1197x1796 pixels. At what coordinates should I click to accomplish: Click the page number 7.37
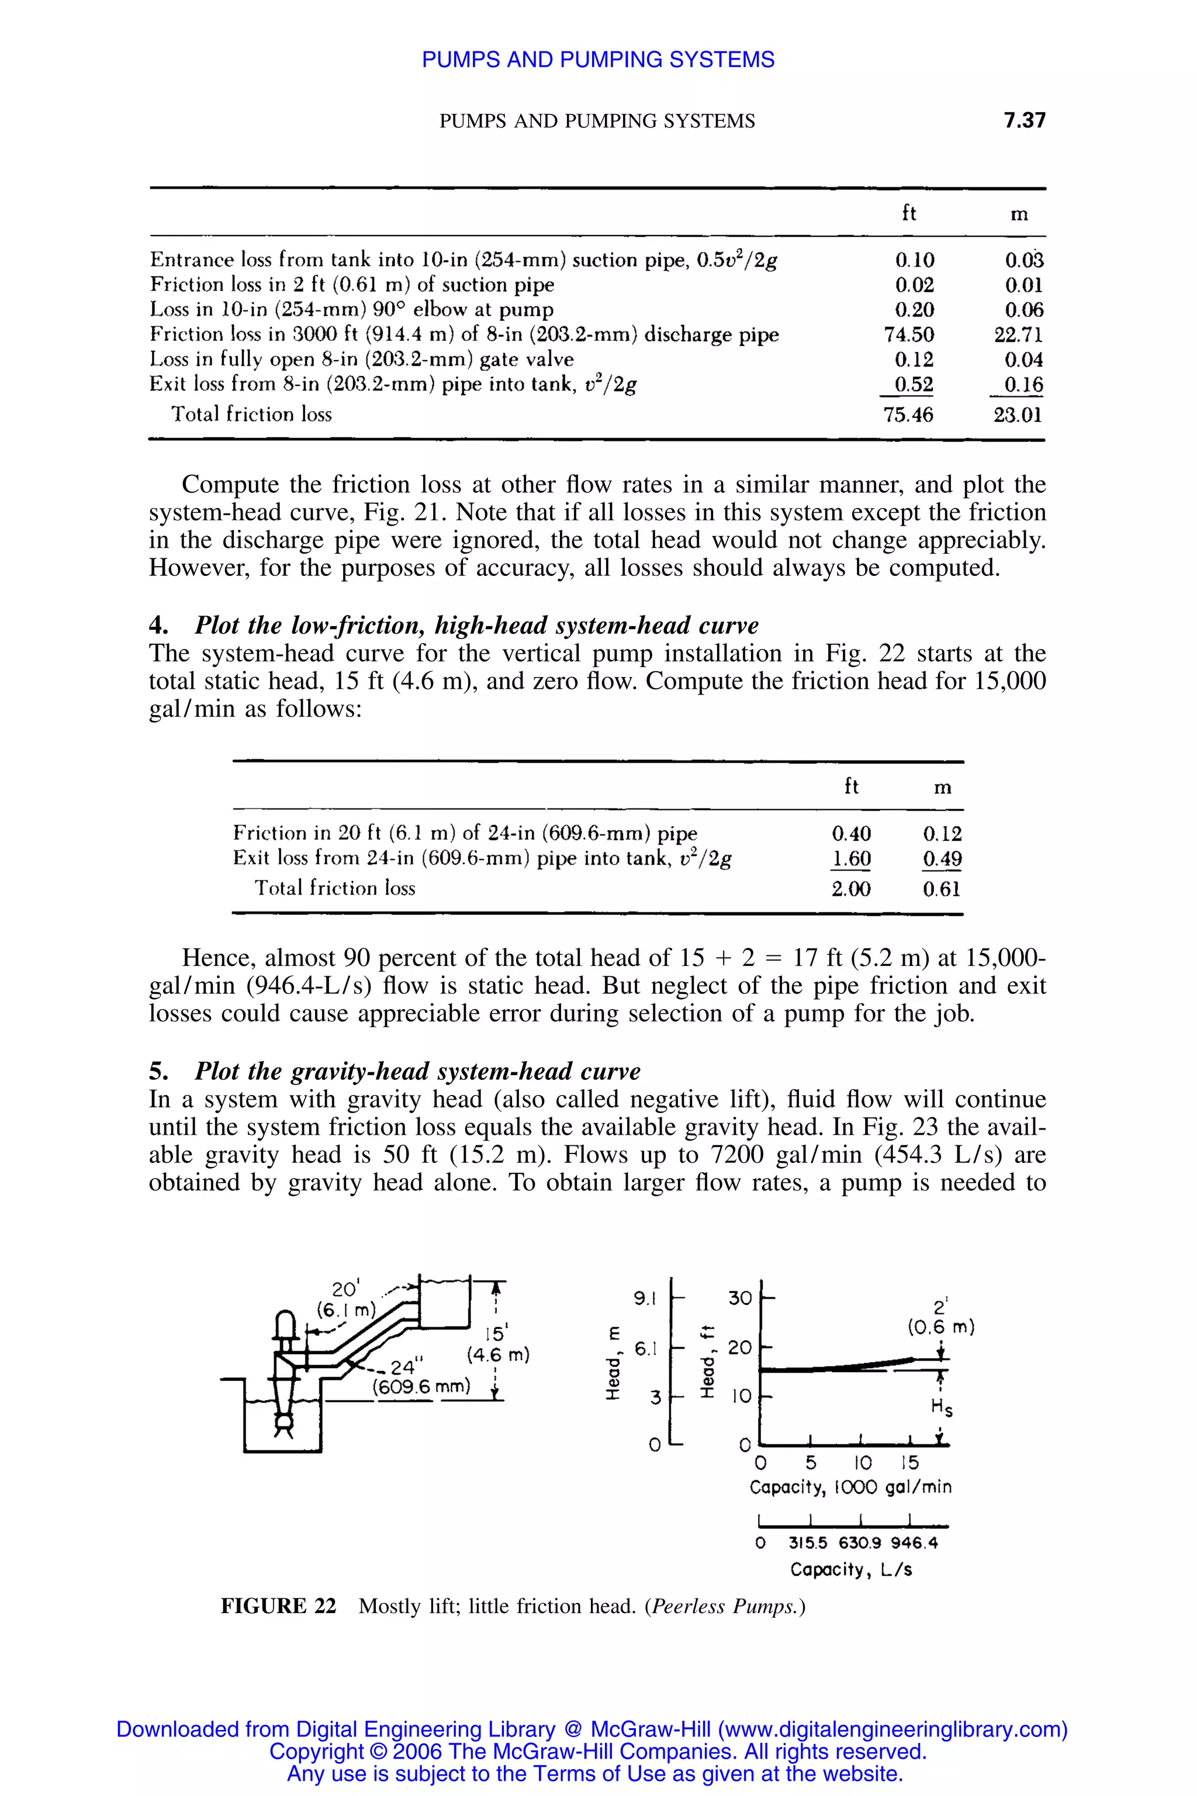coord(1024,120)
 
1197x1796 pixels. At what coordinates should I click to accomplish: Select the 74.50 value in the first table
coord(908,334)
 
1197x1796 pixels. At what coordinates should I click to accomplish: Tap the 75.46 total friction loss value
coord(908,415)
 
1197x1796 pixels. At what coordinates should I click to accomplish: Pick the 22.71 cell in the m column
coord(1018,334)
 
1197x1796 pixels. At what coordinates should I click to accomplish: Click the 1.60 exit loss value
coord(850,859)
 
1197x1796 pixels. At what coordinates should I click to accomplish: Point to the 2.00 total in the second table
coord(850,889)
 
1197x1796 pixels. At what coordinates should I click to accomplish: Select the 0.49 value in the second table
coord(941,859)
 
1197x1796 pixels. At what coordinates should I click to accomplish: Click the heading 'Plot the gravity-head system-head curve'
coord(417,1071)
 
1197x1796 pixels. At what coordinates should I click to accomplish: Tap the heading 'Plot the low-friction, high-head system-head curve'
coord(476,626)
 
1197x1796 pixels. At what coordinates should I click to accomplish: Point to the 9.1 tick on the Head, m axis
coord(645,1297)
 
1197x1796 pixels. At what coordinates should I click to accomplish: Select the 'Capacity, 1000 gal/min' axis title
coord(850,1487)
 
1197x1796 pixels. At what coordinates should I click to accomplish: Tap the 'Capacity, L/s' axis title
coord(850,1570)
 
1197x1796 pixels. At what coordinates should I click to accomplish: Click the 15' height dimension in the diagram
coord(496,1333)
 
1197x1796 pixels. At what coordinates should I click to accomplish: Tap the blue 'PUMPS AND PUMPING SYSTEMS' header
coord(598,60)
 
